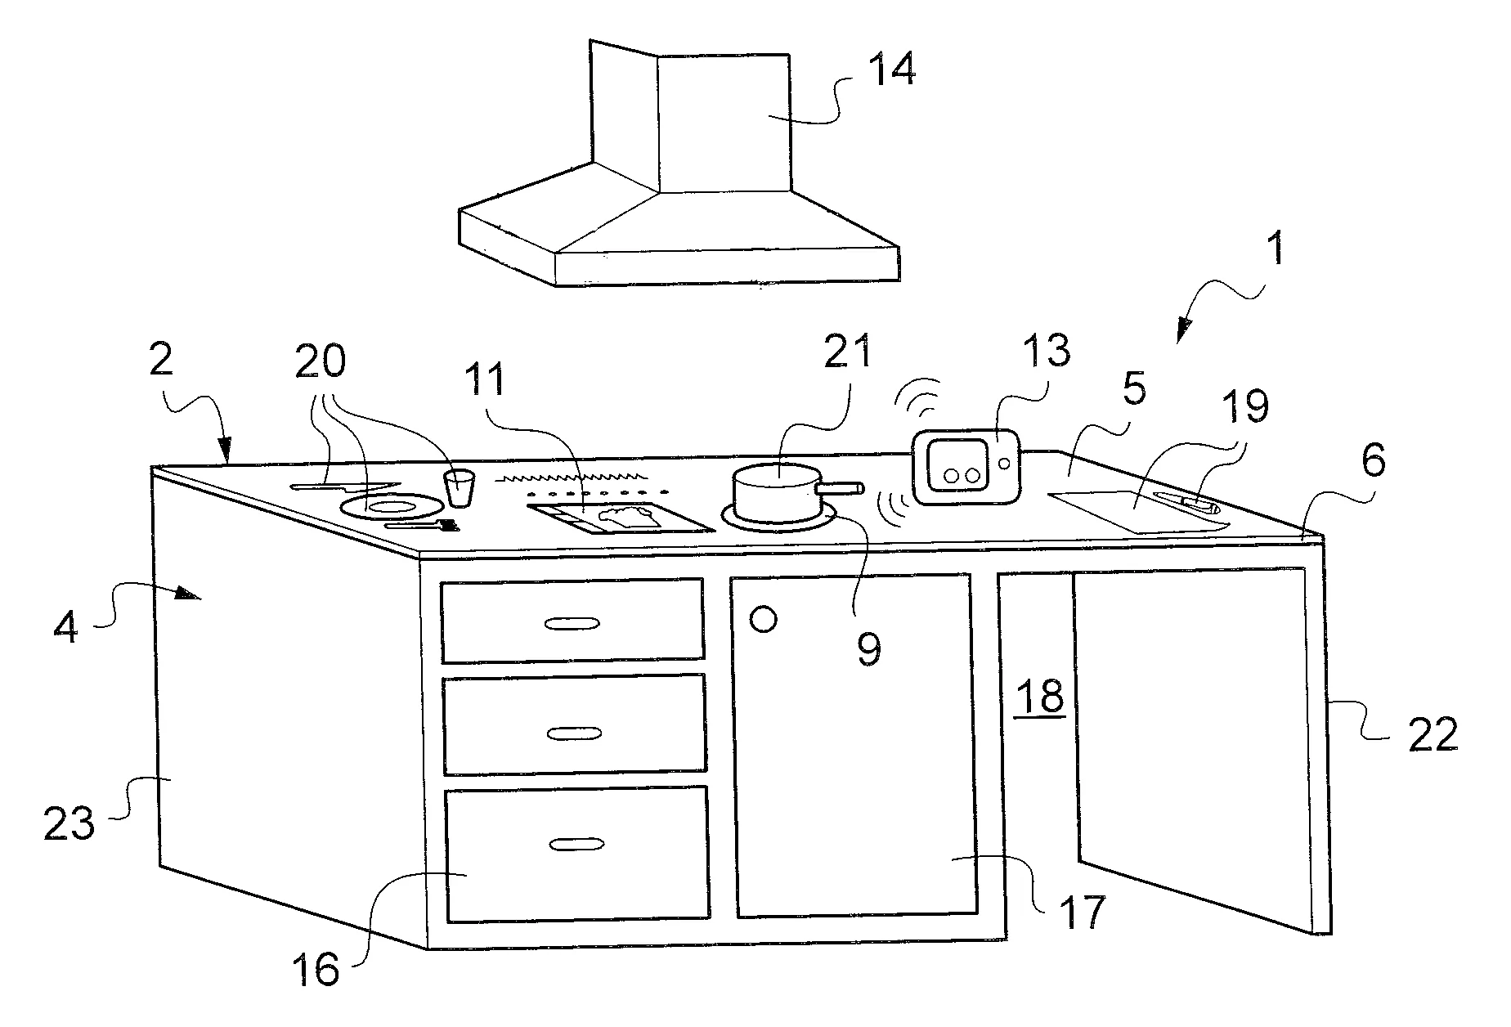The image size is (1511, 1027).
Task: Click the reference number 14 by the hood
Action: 890,70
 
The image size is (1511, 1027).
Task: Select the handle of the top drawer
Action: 572,624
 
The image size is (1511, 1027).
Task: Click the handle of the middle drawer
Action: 573,733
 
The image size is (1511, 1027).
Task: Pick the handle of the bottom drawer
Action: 577,844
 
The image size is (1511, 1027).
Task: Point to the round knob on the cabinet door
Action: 763,619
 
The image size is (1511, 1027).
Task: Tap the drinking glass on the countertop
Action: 459,488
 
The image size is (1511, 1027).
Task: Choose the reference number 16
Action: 316,971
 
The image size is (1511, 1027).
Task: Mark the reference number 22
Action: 1433,733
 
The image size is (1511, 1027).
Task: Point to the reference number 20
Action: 320,361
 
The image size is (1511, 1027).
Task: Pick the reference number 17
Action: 1082,911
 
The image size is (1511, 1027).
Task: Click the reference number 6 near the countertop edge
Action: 1373,462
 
